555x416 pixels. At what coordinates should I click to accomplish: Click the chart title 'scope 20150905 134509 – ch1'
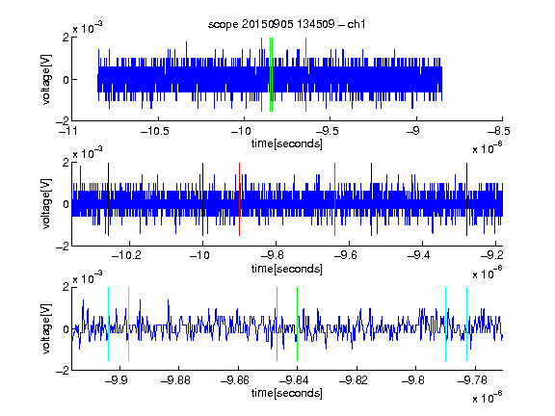[x=286, y=24]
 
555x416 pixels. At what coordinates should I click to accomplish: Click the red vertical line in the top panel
[x=261, y=75]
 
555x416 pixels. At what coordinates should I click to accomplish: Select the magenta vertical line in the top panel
[x=305, y=75]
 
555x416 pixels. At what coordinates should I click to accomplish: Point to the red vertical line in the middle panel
[x=239, y=199]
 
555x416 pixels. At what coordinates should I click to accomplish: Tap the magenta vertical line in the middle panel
[x=335, y=199]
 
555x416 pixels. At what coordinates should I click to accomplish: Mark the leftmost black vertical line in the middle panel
[x=108, y=199]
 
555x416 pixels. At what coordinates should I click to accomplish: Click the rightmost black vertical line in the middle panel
[x=466, y=199]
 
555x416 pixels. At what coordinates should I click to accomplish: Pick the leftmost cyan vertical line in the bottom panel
[x=108, y=324]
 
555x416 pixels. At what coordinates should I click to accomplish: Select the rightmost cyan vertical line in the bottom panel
[x=466, y=324]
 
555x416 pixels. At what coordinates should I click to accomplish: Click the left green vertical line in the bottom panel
[x=277, y=324]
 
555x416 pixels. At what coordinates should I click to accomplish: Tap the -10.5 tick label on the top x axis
[x=155, y=132]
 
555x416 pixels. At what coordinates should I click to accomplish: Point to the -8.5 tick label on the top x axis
[x=499, y=132]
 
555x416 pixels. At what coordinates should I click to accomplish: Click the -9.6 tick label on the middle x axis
[x=345, y=255]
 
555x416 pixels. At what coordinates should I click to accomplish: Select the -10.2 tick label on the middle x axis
[x=126, y=255]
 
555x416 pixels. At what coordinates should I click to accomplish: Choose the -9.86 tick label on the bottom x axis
[x=235, y=380]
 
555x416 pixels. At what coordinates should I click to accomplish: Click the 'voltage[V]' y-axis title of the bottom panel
[x=46, y=329]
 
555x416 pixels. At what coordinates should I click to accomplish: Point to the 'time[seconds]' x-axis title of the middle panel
[x=287, y=269]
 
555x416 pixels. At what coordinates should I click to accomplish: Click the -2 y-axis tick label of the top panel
[x=63, y=121]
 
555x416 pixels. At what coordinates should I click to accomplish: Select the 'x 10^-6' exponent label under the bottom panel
[x=487, y=398]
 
